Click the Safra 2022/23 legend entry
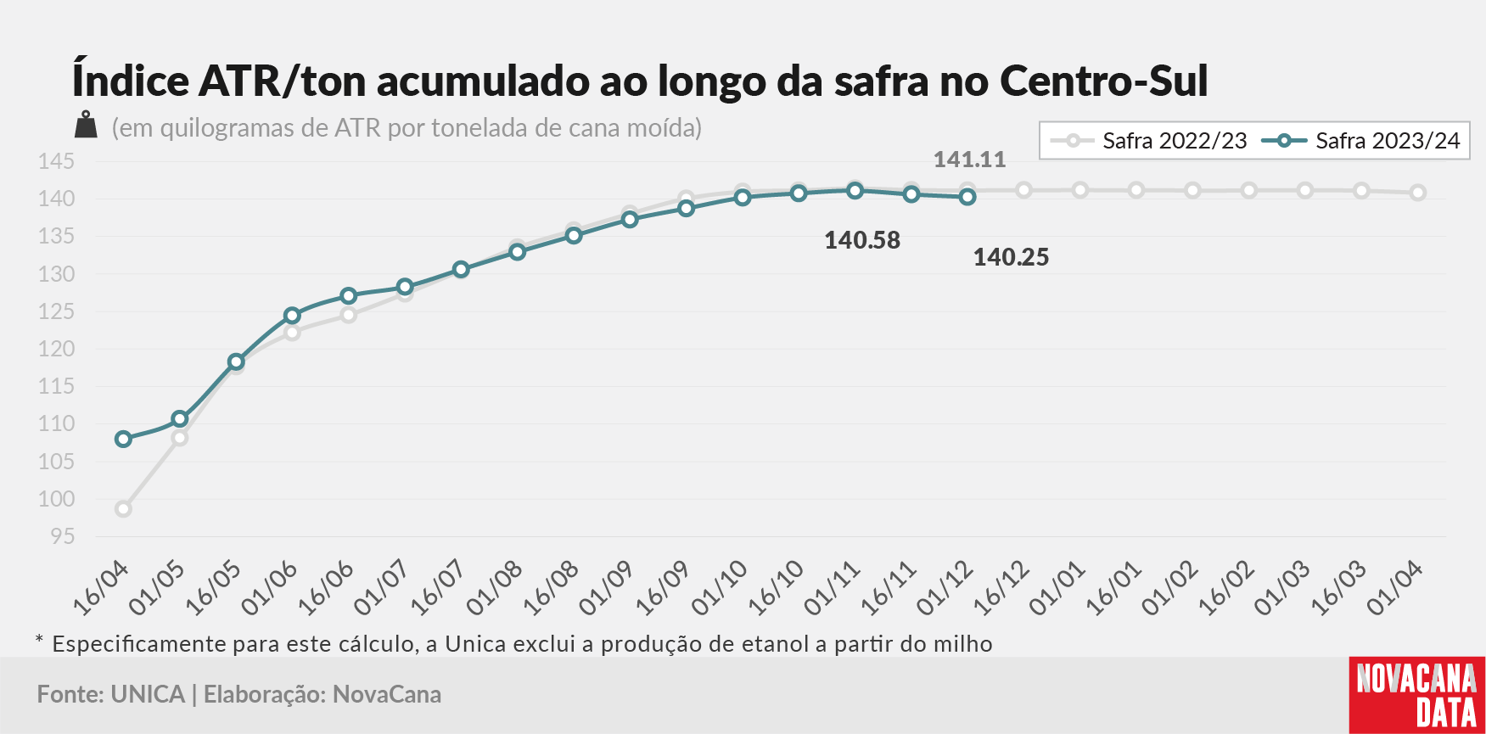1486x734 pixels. [x=1148, y=141]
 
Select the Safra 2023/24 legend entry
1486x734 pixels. [x=1361, y=141]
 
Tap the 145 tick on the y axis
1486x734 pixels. [x=56, y=161]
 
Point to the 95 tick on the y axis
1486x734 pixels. [x=62, y=536]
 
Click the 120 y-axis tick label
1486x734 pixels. [x=56, y=349]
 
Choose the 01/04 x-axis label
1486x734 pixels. [x=1395, y=587]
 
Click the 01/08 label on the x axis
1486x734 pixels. [x=495, y=587]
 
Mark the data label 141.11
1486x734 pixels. [x=969, y=160]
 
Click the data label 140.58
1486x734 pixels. [x=862, y=240]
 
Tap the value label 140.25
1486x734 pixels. [x=1011, y=257]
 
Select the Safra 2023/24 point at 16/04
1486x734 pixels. [x=124, y=439]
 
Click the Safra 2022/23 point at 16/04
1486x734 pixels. [x=124, y=509]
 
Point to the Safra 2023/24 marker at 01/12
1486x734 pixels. [x=967, y=197]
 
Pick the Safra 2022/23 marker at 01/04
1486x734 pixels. [x=1417, y=193]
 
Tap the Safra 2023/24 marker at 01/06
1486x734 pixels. [x=292, y=316]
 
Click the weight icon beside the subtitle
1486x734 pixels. [x=86, y=125]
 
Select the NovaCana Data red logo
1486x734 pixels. [x=1417, y=695]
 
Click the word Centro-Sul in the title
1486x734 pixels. [x=1104, y=81]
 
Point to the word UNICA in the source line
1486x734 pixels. [x=148, y=694]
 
